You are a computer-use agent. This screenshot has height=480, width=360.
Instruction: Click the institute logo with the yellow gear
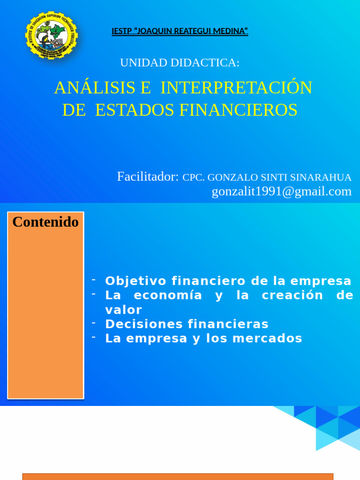click(51, 36)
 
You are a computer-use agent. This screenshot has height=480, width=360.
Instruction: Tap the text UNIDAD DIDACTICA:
click(180, 62)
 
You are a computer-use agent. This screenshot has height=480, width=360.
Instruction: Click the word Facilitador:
click(148, 176)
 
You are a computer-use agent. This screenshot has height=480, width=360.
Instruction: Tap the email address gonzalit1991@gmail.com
click(281, 191)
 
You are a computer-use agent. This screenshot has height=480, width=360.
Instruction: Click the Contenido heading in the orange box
click(45, 222)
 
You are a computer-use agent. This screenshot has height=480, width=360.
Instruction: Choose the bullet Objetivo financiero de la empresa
click(228, 281)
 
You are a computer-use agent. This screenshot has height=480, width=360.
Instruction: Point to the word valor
click(123, 310)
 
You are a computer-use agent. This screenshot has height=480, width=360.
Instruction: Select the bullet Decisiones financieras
click(187, 324)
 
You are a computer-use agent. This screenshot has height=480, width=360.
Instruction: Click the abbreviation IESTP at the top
click(121, 31)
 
